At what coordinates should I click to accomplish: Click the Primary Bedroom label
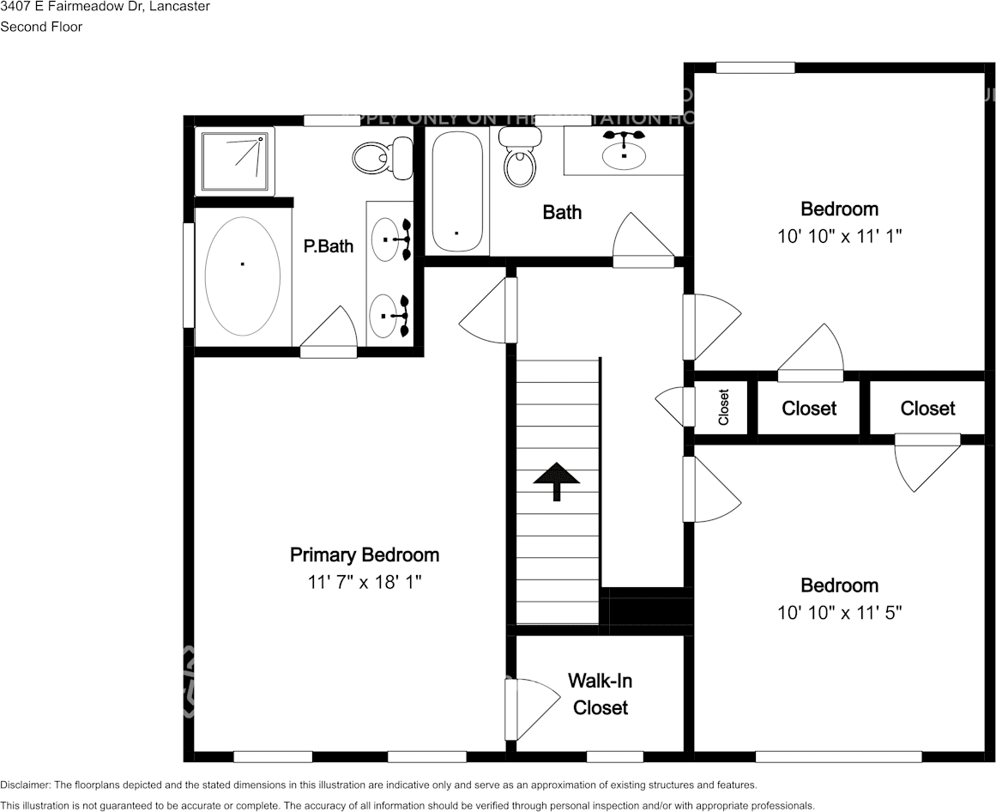(364, 555)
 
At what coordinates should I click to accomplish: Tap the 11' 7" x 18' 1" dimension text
(364, 582)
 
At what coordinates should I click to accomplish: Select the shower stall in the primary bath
(237, 161)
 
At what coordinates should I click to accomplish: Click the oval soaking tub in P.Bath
(242, 276)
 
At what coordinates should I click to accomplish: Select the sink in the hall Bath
(624, 153)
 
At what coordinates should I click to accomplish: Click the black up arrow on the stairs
(556, 481)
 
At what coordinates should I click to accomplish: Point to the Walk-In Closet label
(600, 694)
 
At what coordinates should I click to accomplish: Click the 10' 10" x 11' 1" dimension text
(839, 236)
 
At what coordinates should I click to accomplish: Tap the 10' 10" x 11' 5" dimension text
(839, 613)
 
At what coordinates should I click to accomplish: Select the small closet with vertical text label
(722, 407)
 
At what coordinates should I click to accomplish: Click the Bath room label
(562, 212)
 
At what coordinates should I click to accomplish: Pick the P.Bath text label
(328, 246)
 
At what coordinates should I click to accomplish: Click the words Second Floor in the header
(41, 27)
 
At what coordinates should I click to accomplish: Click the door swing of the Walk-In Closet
(523, 708)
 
